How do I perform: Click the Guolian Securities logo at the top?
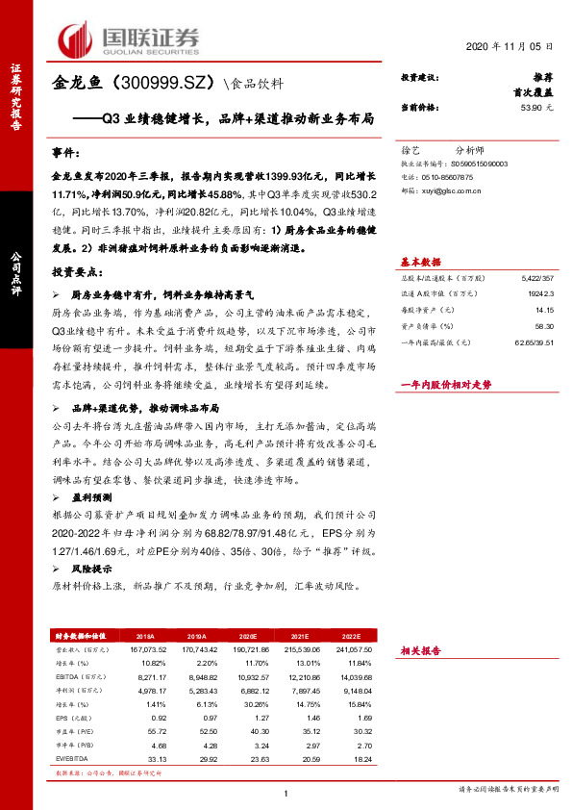(x=129, y=38)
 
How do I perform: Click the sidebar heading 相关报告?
(x=421, y=649)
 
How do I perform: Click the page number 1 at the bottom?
(x=286, y=792)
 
